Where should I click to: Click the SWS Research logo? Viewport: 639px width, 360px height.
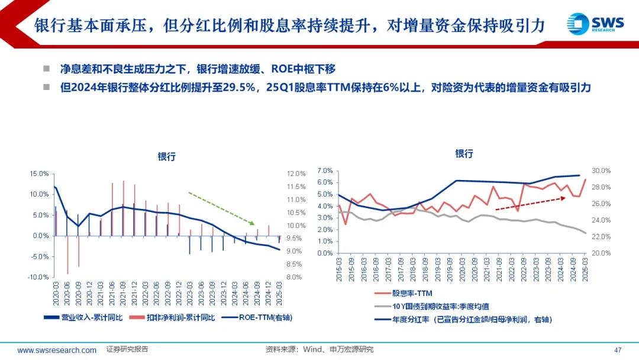[x=595, y=24]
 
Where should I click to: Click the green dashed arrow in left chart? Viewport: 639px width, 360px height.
[x=221, y=208]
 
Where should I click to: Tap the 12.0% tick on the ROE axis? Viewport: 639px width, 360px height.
[x=296, y=173]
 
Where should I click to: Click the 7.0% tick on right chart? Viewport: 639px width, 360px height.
[x=326, y=171]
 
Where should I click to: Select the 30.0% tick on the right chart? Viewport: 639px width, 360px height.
[x=602, y=171]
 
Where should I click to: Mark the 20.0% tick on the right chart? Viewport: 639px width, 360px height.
[x=602, y=253]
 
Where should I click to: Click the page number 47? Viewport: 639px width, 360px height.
[x=618, y=349]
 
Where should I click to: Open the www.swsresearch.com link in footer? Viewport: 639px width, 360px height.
[x=57, y=350]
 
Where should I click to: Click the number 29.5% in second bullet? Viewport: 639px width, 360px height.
[x=242, y=88]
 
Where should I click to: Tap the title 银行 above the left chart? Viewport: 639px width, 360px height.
[x=166, y=157]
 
